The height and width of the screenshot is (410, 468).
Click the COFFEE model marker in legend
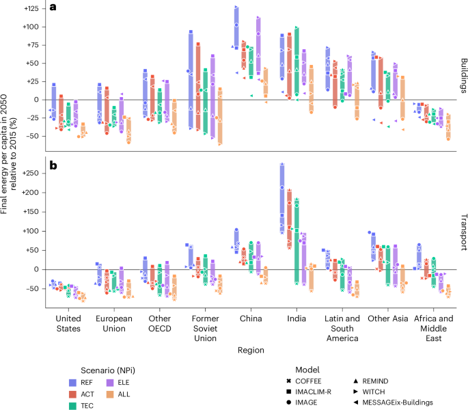pyautogui.click(x=291, y=378)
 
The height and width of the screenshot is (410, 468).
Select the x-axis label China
pyautogui.click(x=249, y=318)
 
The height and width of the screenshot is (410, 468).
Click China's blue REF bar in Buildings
pyautogui.click(x=236, y=27)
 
